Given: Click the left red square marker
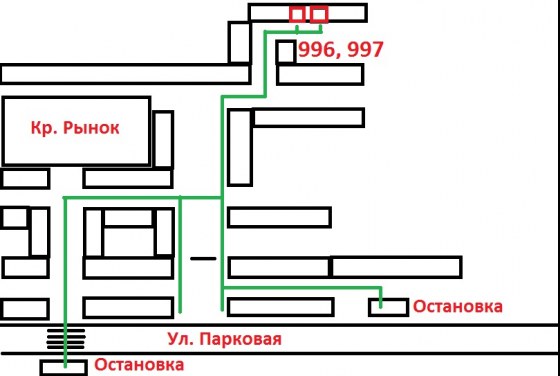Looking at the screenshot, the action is coord(297,15).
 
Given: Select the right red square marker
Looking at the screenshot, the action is coord(319,15).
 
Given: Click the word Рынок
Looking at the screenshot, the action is coord(91,128).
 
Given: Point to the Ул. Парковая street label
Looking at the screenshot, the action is coord(225,339).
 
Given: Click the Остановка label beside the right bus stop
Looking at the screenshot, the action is coord(458,306).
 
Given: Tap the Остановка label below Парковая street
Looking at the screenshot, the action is coord(139,365).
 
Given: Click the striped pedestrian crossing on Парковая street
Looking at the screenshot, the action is coord(66,339).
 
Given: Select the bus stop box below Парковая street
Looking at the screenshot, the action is coord(64,367).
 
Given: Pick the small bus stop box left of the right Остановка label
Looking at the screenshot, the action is coord(389,307).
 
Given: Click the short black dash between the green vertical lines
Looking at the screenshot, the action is coord(203,258).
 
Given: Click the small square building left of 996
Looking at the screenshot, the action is coord(286,52).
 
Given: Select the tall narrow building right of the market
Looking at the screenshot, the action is coord(164,139).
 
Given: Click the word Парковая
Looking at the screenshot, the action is coord(240,339).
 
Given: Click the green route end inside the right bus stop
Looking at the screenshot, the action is coord(381,306).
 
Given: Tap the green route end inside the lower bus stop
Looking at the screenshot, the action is coord(65,366).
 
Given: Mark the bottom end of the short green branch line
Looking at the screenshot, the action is coord(180,312).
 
